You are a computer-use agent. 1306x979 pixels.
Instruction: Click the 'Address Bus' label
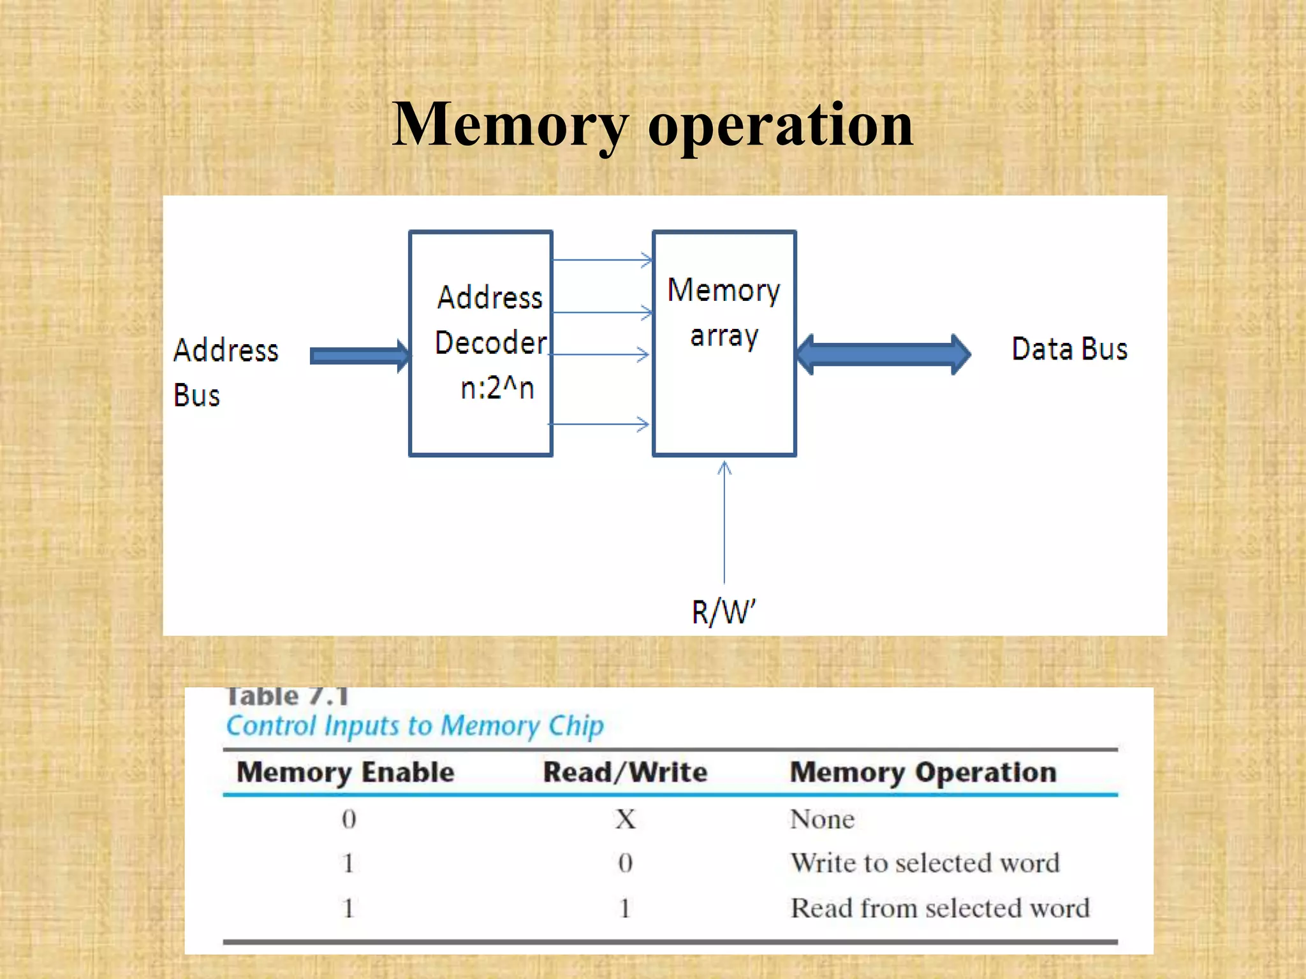coord(225,372)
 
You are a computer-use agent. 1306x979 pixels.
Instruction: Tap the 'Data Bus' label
coord(1069,349)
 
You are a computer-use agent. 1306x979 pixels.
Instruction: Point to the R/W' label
coord(723,612)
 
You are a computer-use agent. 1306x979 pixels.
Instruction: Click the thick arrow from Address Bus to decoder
coord(359,356)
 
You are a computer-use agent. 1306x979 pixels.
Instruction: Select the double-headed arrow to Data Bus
coord(884,354)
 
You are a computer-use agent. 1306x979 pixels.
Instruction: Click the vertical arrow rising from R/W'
coord(724,523)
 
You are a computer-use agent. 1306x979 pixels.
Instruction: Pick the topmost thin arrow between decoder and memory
coord(601,260)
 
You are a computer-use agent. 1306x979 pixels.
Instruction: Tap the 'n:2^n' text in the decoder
coord(497,388)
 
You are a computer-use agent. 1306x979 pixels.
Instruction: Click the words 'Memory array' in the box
coord(724,312)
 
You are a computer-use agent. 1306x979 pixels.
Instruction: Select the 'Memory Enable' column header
coord(345,772)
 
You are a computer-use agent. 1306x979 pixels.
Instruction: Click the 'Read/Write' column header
coord(625,772)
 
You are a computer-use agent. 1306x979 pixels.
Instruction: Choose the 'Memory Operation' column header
coord(923,772)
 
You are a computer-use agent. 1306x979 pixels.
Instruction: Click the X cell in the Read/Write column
coord(626,819)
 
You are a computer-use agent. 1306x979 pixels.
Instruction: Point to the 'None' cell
coord(822,819)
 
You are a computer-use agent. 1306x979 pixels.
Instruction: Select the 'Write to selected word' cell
coord(925,863)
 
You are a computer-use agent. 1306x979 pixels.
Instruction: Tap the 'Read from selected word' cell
coord(940,908)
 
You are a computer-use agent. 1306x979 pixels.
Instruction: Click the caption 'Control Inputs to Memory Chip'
coord(415,726)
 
